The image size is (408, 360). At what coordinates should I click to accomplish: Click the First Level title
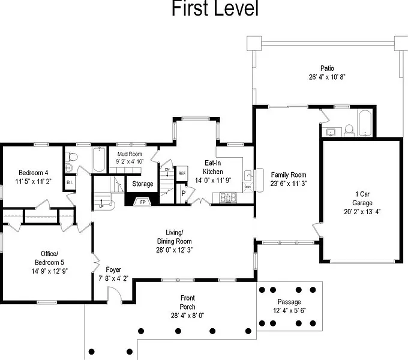click(x=214, y=9)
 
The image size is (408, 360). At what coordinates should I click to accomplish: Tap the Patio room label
click(x=327, y=73)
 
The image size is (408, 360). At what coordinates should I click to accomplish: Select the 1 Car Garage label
click(x=362, y=203)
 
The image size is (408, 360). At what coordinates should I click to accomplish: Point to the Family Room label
click(x=288, y=179)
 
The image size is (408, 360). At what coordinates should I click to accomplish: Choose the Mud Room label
click(x=129, y=157)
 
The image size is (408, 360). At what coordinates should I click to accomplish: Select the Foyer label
click(x=113, y=274)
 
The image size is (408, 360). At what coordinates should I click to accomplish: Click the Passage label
click(x=289, y=305)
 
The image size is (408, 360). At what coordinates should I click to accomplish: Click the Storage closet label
click(x=143, y=184)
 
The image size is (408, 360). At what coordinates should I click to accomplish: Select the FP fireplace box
click(x=143, y=202)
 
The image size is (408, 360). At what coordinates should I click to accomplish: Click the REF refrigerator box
click(x=182, y=173)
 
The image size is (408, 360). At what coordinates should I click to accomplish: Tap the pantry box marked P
click(x=184, y=194)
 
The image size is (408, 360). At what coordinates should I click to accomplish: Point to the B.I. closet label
click(x=70, y=182)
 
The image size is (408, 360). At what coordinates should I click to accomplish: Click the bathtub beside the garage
click(x=365, y=124)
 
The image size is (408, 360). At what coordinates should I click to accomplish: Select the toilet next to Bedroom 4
click(x=71, y=157)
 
